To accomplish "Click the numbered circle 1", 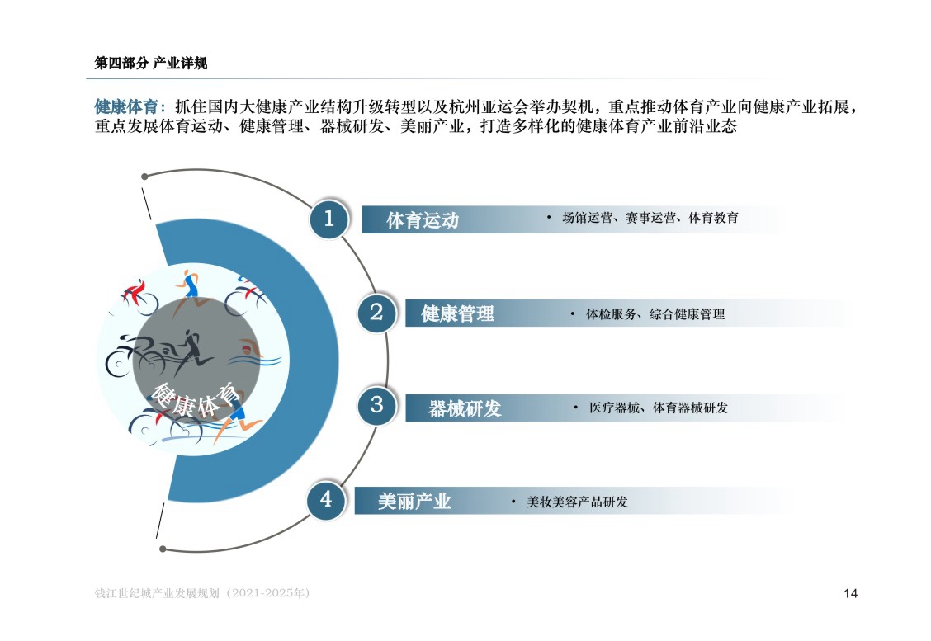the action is [328, 219].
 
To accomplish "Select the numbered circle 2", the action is [376, 312].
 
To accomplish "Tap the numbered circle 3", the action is [376, 406].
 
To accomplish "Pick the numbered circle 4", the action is [326, 500].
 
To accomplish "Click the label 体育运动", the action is [423, 220].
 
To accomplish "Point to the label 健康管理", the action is [458, 313].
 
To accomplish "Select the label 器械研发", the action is [465, 408].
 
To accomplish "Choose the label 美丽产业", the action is [414, 502].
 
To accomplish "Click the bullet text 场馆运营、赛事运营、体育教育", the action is [650, 218].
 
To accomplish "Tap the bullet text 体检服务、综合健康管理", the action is [655, 314].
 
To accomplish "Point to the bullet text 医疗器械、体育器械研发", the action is [659, 408].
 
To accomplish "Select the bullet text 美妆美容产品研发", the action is [577, 502].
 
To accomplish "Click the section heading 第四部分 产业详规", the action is [151, 64].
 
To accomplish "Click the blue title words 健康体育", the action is [126, 107].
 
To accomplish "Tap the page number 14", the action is [850, 593].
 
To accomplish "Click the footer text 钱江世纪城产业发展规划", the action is [158, 593].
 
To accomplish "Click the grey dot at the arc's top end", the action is [145, 177].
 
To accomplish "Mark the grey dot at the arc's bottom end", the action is [163, 549].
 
